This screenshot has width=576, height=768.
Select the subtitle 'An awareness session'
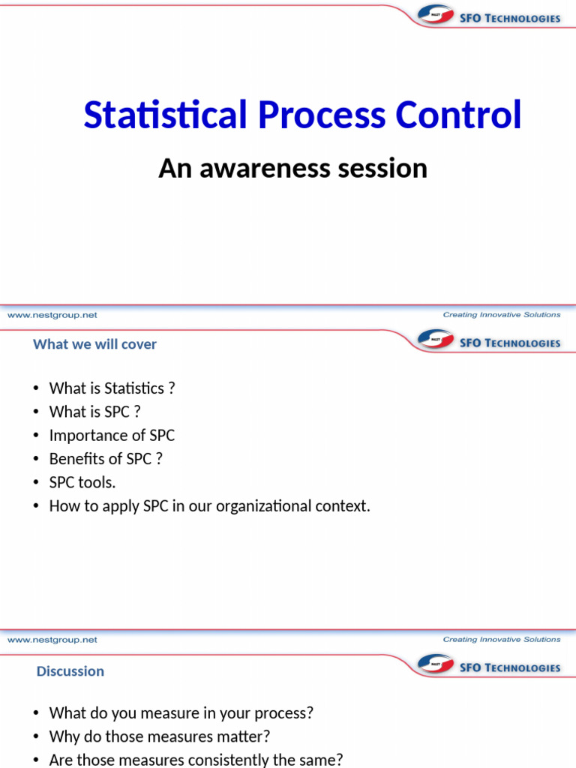(x=292, y=168)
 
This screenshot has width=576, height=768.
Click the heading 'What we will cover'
(x=94, y=344)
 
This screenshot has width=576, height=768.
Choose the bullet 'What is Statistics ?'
(x=112, y=388)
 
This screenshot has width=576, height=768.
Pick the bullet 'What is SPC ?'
(x=94, y=412)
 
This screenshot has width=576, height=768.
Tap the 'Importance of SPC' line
(x=112, y=435)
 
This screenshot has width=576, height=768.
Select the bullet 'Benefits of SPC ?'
(x=106, y=459)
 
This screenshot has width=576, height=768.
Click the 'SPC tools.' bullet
(x=82, y=482)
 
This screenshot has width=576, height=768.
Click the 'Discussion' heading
(x=70, y=671)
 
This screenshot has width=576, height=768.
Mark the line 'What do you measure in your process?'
(x=181, y=712)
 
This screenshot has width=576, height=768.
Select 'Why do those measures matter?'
(x=159, y=736)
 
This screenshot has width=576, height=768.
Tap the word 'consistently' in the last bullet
(x=213, y=760)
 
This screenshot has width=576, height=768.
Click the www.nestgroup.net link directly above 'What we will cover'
(x=52, y=316)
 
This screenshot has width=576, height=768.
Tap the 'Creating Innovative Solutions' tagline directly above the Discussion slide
(x=501, y=640)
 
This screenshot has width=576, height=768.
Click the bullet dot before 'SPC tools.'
(x=36, y=483)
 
